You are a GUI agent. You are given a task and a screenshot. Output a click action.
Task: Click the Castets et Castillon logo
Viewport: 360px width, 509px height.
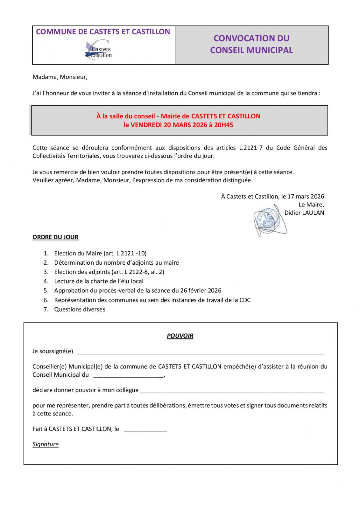(x=99, y=50)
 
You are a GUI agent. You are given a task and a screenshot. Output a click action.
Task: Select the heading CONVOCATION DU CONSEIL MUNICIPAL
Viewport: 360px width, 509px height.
(x=251, y=44)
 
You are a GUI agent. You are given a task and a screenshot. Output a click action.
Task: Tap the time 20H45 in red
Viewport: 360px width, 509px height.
(x=223, y=125)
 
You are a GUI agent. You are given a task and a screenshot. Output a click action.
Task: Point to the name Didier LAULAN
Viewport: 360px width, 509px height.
(x=304, y=213)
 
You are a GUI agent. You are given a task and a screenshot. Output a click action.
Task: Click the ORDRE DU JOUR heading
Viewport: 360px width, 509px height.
(x=55, y=237)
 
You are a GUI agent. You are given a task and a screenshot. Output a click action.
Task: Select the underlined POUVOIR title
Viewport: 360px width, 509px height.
(x=180, y=336)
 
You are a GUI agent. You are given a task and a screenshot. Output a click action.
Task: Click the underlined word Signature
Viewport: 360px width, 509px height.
(x=46, y=444)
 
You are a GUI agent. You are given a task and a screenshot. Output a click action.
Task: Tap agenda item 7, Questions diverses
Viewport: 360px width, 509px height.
(x=80, y=310)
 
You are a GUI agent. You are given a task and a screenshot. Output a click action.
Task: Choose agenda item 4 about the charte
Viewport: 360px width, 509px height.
(x=99, y=281)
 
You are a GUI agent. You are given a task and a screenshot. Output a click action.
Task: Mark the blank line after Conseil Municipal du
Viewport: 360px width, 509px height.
(x=129, y=376)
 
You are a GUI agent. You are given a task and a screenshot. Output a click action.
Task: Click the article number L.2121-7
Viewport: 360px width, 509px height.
(x=251, y=148)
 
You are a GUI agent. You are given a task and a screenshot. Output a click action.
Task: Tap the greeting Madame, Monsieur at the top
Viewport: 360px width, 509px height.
(x=60, y=77)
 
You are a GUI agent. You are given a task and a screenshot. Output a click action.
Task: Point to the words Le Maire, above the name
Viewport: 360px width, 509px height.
(x=311, y=205)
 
